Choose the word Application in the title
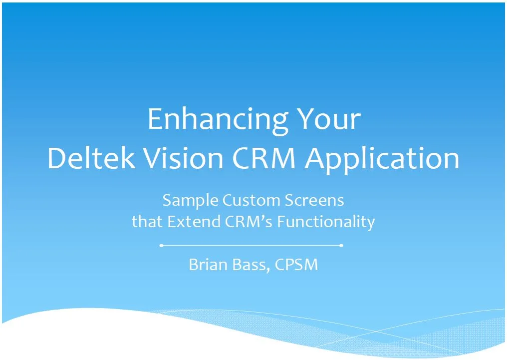[x=382, y=158]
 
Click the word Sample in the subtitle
[x=190, y=201]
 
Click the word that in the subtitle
[x=147, y=221]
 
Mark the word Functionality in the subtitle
[x=326, y=221]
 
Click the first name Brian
[x=208, y=264]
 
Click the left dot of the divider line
[x=161, y=246]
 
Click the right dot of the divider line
[x=341, y=246]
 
